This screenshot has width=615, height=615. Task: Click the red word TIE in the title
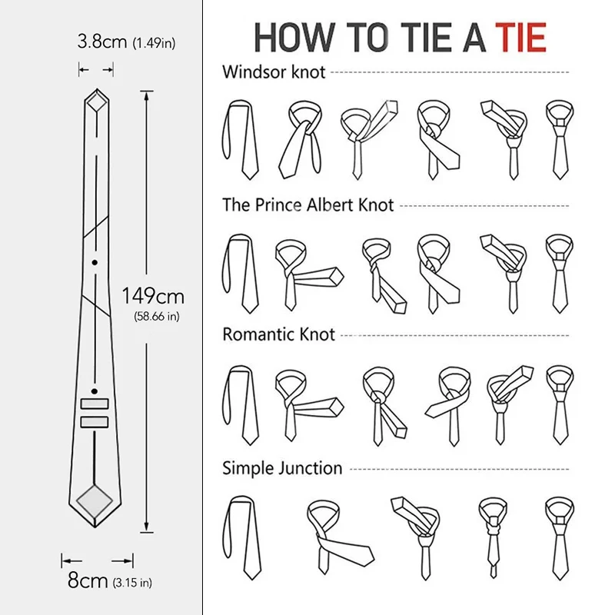(521, 38)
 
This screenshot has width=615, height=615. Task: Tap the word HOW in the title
(292, 38)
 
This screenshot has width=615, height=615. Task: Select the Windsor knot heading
(274, 72)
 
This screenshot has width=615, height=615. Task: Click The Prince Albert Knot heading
(308, 204)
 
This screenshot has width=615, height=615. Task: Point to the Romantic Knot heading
(279, 334)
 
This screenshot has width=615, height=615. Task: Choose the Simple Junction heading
(282, 468)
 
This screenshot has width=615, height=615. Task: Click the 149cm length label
(153, 296)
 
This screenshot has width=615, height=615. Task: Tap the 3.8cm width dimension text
(102, 42)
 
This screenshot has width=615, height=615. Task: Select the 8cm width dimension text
(88, 580)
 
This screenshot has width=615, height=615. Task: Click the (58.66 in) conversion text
(157, 316)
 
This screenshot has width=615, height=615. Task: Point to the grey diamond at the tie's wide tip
(95, 500)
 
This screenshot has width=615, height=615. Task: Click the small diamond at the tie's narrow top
(97, 102)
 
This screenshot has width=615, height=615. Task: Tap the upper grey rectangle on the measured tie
(95, 404)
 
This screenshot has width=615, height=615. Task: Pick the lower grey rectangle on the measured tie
(95, 421)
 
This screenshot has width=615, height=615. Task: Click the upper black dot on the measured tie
(95, 262)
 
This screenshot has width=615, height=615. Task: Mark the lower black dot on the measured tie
(95, 391)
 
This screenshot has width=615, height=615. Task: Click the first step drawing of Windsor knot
(241, 139)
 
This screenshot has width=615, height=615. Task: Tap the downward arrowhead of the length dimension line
(146, 527)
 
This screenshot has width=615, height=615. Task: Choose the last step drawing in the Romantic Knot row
(560, 406)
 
